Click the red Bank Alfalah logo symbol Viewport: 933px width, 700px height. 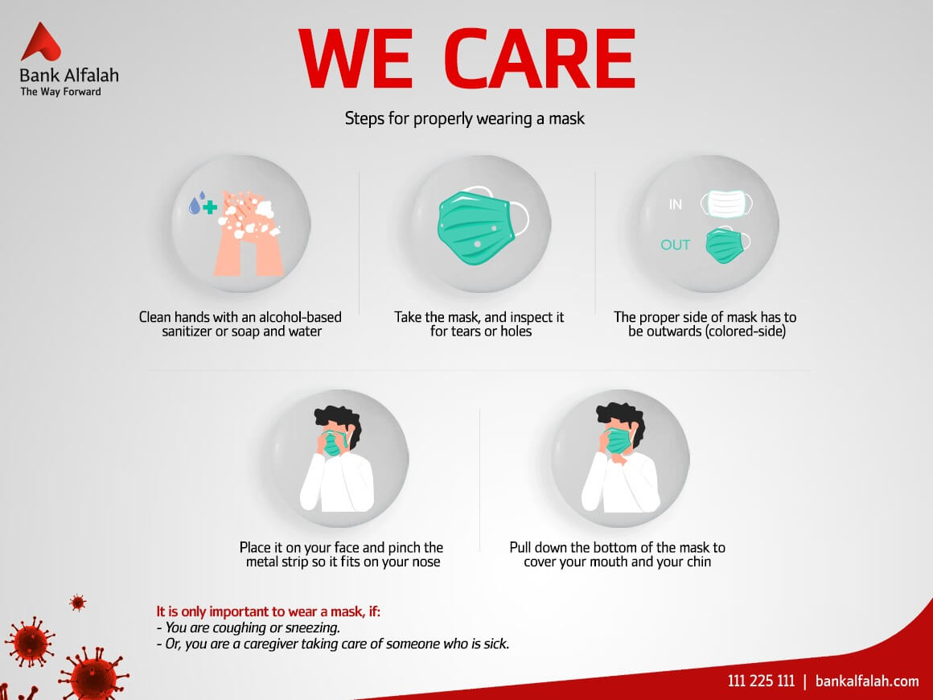click(x=40, y=42)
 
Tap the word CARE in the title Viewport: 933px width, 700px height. click(x=540, y=59)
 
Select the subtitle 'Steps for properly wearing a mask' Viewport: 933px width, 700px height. click(x=465, y=118)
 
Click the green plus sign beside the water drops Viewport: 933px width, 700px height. click(x=209, y=207)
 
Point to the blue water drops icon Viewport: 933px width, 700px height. click(x=196, y=204)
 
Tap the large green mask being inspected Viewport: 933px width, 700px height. click(x=482, y=225)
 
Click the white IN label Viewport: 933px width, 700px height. click(x=676, y=204)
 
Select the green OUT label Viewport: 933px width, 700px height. click(x=676, y=245)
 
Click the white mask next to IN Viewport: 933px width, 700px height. click(x=726, y=204)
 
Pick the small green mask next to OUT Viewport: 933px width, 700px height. click(x=727, y=245)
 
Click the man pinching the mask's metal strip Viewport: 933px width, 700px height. click(x=337, y=459)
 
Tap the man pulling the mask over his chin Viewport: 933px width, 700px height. click(x=620, y=458)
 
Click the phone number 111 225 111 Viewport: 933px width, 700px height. click(x=761, y=681)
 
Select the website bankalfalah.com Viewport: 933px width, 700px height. click(x=867, y=681)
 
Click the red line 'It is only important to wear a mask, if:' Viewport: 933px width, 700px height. click(x=269, y=611)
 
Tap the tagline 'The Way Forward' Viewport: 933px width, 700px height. click(x=60, y=92)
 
